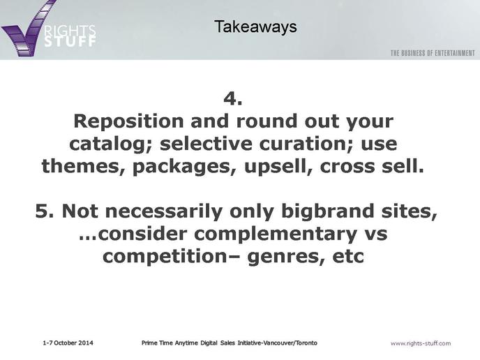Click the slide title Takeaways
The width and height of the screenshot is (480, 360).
255,27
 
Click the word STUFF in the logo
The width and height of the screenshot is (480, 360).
70,41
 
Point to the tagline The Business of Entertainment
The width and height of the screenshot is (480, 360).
433,53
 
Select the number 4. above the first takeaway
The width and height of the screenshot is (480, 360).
233,98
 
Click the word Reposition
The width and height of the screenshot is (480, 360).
128,122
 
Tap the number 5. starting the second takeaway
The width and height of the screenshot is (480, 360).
45,211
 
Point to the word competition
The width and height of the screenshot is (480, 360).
165,257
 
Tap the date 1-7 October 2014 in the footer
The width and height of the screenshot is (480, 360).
68,343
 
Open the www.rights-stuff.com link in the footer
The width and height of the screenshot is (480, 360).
421,343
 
